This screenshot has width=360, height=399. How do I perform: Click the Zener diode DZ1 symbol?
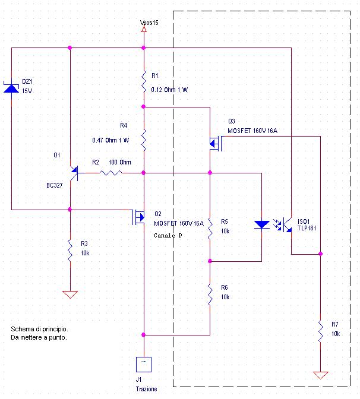pyautogui.click(x=11, y=88)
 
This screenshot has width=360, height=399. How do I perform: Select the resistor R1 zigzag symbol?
pyautogui.click(x=143, y=82)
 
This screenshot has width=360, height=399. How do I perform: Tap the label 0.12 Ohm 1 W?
pyautogui.click(x=169, y=90)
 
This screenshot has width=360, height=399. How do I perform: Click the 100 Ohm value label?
pyautogui.click(x=120, y=162)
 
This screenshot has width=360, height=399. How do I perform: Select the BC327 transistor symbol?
pyautogui.click(x=74, y=172)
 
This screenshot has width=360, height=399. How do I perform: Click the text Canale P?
pyautogui.click(x=168, y=236)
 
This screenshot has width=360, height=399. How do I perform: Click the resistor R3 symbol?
pyautogui.click(x=70, y=248)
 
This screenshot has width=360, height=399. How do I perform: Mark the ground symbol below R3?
pyautogui.click(x=70, y=294)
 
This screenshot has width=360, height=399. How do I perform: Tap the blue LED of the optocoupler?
pyautogui.click(x=261, y=225)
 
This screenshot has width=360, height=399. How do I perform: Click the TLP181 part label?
pyautogui.click(x=308, y=227)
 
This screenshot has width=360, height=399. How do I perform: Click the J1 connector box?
pyautogui.click(x=143, y=363)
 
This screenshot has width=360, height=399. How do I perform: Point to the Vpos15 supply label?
pyautogui.click(x=149, y=23)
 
